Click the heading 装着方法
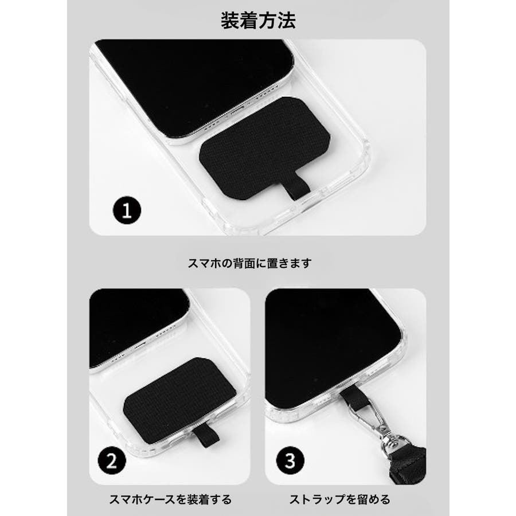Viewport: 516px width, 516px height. [258, 21]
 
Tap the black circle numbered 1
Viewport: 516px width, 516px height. [127, 210]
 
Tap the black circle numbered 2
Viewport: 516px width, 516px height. [112, 460]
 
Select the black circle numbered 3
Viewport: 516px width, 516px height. [290, 460]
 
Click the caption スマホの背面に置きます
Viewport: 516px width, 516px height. [250, 263]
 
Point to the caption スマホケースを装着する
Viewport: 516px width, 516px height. [170, 499]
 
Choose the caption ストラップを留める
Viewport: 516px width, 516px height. [340, 499]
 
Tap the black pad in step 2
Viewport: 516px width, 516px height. [180, 399]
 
